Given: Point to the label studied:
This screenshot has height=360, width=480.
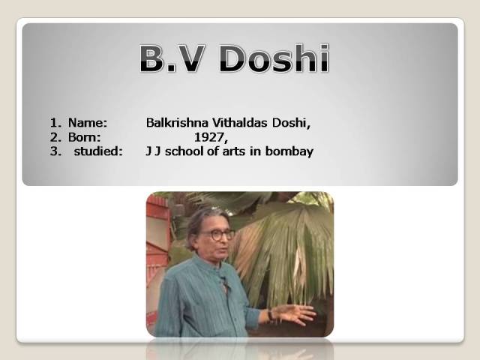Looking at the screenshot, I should tap(97, 151).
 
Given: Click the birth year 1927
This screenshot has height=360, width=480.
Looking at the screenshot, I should tap(209, 136).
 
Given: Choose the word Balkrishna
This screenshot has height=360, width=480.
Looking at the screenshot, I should tap(173, 122).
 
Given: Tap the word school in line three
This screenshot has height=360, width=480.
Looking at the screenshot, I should tap(184, 151).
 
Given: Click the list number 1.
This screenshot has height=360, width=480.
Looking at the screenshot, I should tap(54, 122).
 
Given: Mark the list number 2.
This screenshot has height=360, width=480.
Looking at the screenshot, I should tap(54, 136).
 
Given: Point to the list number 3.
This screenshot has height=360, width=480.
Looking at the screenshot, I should tap(54, 151).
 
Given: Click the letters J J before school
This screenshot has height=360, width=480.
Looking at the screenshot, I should tap(154, 151).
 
